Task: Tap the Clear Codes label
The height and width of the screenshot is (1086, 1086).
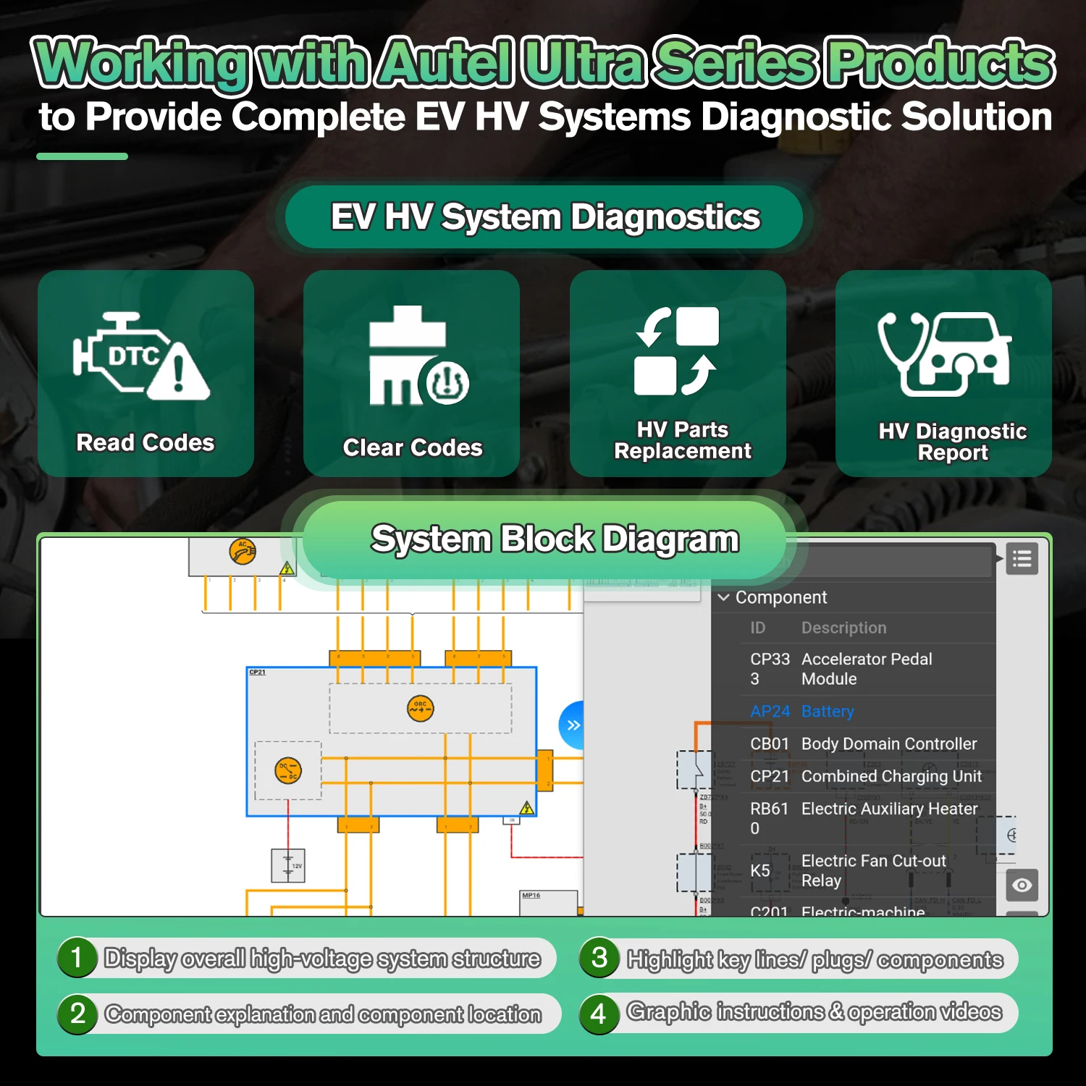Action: [x=412, y=448]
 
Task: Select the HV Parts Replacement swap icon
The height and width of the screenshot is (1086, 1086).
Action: [x=677, y=351]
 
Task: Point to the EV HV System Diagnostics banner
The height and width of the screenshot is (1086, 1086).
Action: [x=544, y=217]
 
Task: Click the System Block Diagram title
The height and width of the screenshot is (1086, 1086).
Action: [x=555, y=539]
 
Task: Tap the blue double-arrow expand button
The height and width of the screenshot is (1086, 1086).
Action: [x=573, y=725]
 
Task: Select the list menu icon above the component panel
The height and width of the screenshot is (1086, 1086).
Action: [x=1022, y=559]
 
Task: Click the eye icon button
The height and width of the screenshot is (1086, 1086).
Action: [x=1022, y=885]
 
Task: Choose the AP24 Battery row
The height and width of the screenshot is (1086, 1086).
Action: [x=802, y=712]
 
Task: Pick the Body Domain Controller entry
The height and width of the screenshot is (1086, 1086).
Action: [x=888, y=744]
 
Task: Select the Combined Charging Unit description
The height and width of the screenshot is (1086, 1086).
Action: [x=891, y=776]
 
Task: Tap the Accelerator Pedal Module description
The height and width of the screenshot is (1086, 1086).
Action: [x=866, y=669]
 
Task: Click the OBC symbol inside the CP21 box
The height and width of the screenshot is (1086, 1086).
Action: [x=420, y=708]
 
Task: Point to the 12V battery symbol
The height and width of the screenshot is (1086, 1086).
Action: [x=288, y=865]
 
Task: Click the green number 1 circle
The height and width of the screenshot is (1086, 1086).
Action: [x=77, y=958]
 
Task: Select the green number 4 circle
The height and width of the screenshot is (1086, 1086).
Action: [x=599, y=1014]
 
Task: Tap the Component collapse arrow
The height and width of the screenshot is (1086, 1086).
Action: [x=723, y=597]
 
